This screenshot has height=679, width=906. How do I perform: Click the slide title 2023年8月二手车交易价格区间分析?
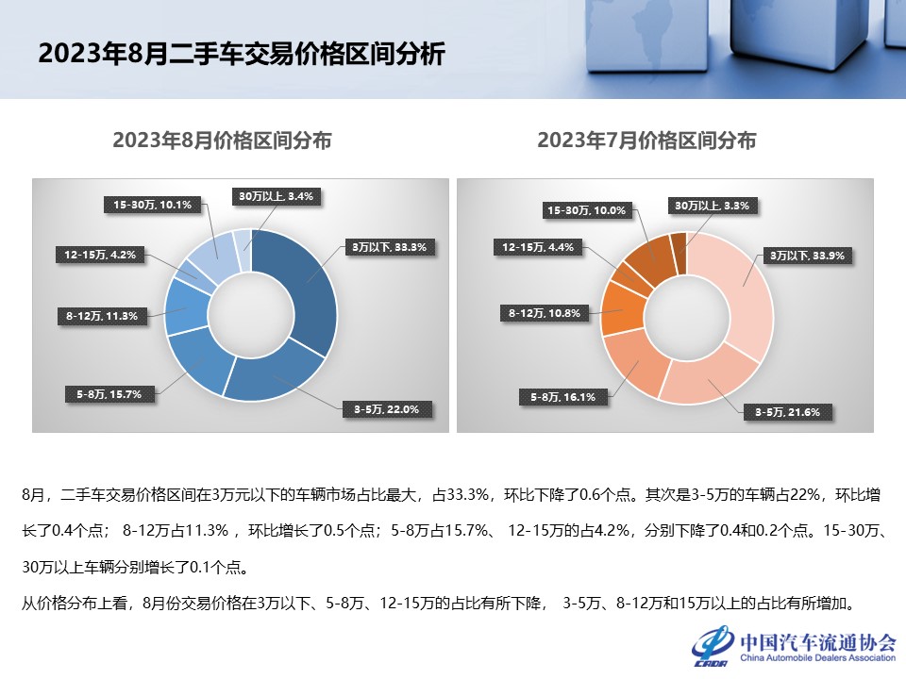click(x=241, y=54)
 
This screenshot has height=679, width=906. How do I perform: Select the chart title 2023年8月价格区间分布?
click(x=222, y=141)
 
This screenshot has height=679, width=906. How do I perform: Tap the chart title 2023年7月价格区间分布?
click(x=646, y=141)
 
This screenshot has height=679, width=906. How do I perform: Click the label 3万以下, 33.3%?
click(x=390, y=247)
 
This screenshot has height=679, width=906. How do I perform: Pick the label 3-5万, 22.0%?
click(x=386, y=409)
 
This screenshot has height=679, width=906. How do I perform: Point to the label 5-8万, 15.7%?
click(x=109, y=394)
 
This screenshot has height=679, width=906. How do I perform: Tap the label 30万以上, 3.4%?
click(x=275, y=196)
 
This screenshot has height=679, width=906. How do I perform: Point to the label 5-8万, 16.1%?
click(x=563, y=397)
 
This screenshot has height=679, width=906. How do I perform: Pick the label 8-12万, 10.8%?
click(x=544, y=311)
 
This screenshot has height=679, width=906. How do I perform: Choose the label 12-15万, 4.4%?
click(x=534, y=247)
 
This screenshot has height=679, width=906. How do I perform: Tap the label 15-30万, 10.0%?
click(x=587, y=210)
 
